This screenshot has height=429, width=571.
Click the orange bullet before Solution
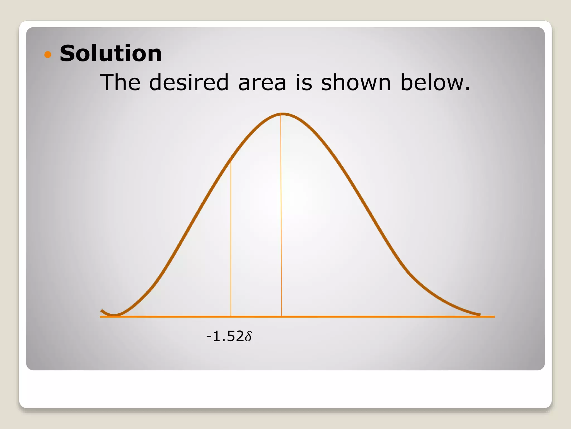(x=48, y=54)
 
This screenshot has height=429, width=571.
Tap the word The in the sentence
(x=120, y=82)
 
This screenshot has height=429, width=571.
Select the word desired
(x=189, y=82)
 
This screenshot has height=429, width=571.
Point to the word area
(x=262, y=83)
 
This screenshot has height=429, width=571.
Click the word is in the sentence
(x=304, y=82)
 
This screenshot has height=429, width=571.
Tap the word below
(x=435, y=82)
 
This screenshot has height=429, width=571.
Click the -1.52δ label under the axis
(x=229, y=336)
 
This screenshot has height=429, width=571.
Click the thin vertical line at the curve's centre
(x=281, y=215)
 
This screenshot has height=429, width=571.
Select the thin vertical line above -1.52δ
(x=231, y=237)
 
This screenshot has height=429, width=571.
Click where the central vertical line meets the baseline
(x=281, y=317)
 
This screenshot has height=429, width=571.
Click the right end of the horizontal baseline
(x=494, y=317)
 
